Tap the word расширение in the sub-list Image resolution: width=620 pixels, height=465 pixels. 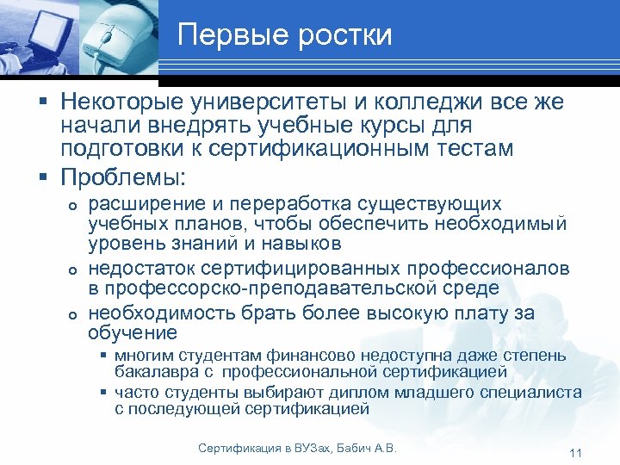click(146, 205)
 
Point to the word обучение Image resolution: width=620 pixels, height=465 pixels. click(132, 333)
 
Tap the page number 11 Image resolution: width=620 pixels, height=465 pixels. click(577, 453)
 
